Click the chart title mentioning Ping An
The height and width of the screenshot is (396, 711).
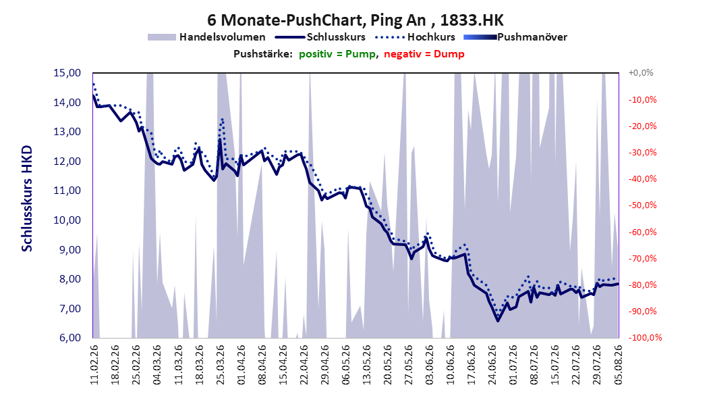355,20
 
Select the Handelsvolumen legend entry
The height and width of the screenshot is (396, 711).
206,37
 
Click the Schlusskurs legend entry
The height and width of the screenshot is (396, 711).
320,37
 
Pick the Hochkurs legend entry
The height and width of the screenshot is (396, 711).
415,37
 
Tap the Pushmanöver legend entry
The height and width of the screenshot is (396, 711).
515,37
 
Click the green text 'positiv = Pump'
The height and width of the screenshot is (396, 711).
337,54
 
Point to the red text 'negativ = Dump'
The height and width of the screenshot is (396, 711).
424,54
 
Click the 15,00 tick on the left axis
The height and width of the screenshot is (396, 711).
67,73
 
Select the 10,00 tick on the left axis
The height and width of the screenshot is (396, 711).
67,220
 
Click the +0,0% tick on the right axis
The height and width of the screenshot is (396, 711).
641,73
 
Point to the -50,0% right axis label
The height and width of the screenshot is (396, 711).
642,205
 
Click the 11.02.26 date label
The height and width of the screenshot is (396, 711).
94,364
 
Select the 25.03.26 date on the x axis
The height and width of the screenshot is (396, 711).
221,364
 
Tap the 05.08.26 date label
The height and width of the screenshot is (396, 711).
618,364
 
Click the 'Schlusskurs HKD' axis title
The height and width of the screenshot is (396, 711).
27,199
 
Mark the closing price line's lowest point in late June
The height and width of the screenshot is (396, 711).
497,320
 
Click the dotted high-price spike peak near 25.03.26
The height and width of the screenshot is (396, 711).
222,119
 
